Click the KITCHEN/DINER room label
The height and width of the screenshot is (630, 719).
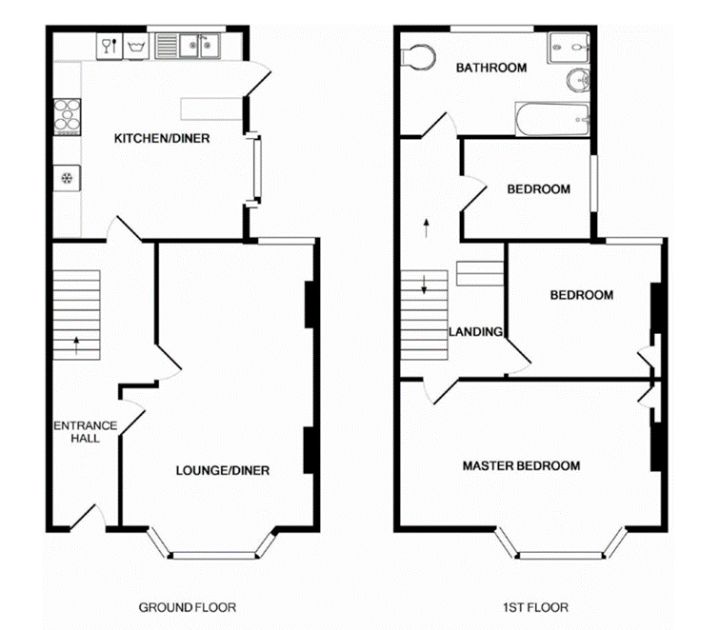(162, 139)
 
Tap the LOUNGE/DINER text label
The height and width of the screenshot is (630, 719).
(223, 470)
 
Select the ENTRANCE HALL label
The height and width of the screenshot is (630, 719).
(85, 432)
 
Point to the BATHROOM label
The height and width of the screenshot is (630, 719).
(490, 68)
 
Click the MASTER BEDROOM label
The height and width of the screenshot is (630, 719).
(521, 466)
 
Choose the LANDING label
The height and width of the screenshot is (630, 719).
(475, 332)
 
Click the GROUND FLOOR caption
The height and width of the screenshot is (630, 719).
(188, 607)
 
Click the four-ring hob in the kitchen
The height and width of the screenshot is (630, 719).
(69, 114)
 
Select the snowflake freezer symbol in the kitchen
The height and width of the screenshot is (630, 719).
(68, 177)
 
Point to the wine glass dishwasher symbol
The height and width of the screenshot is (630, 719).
(108, 45)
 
